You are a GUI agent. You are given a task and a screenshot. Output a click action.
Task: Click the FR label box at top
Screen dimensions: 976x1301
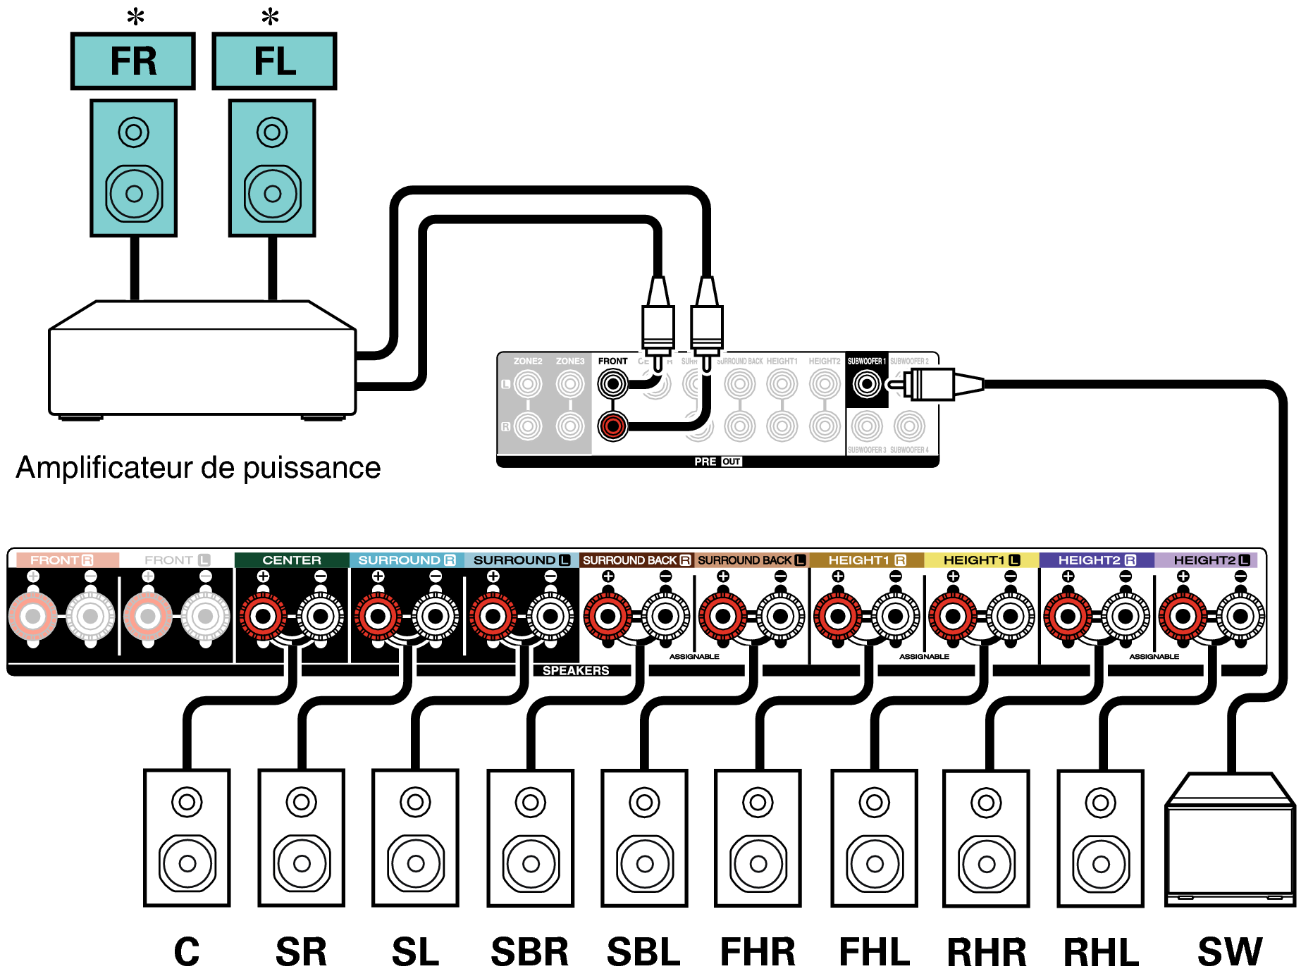tap(132, 61)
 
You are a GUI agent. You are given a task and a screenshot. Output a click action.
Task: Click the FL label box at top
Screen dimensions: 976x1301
tap(274, 61)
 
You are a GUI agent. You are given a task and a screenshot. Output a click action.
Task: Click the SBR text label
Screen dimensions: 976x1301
tap(529, 952)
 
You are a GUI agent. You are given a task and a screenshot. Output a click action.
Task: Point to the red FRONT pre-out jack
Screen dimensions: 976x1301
tap(612, 426)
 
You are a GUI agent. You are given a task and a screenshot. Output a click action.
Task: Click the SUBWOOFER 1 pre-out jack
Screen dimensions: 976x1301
tap(866, 384)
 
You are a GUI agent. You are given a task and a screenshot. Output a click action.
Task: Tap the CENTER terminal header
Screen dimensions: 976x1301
tap(291, 560)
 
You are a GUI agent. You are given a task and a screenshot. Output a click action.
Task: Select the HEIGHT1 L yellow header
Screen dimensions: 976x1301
tap(981, 560)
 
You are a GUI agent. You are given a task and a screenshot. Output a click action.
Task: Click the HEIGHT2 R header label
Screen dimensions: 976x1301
tap(1096, 560)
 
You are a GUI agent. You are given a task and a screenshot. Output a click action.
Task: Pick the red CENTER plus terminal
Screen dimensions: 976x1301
tap(263, 617)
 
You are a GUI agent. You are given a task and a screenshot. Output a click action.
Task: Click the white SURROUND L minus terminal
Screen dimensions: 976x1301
tap(550, 617)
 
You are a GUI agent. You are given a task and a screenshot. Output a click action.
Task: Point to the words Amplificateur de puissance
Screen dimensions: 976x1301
tap(198, 468)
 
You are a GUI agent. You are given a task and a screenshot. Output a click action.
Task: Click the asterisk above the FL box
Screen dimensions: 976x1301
tap(270, 16)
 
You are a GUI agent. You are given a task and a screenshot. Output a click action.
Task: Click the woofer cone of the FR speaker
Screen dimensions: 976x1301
tap(134, 193)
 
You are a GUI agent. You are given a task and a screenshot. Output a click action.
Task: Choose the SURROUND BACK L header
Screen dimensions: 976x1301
tap(751, 560)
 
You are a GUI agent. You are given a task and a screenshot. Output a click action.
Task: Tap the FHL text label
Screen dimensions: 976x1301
tap(874, 952)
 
